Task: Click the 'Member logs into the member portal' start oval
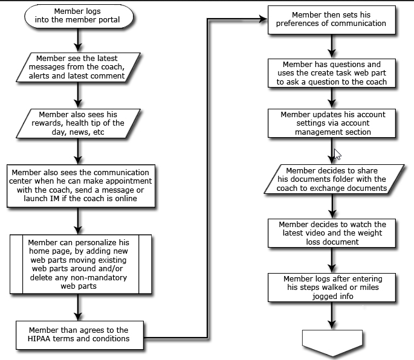coord(79,16)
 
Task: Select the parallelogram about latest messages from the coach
coord(78,67)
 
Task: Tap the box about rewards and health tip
coord(78,123)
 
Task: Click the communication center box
coord(81,186)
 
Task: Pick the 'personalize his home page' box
coord(81,264)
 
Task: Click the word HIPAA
coord(39,339)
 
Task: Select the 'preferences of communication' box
coord(332,20)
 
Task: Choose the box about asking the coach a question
coord(332,73)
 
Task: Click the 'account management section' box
coord(332,123)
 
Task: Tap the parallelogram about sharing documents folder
coord(334,179)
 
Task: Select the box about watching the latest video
coord(332,233)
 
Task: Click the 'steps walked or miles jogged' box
coord(332,288)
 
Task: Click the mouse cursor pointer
coord(337,155)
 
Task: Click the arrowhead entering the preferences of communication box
coord(264,19)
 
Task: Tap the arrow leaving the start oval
coord(78,40)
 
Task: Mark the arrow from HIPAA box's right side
coord(207,178)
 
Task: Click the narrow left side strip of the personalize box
coord(16,264)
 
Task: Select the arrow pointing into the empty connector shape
coord(332,315)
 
